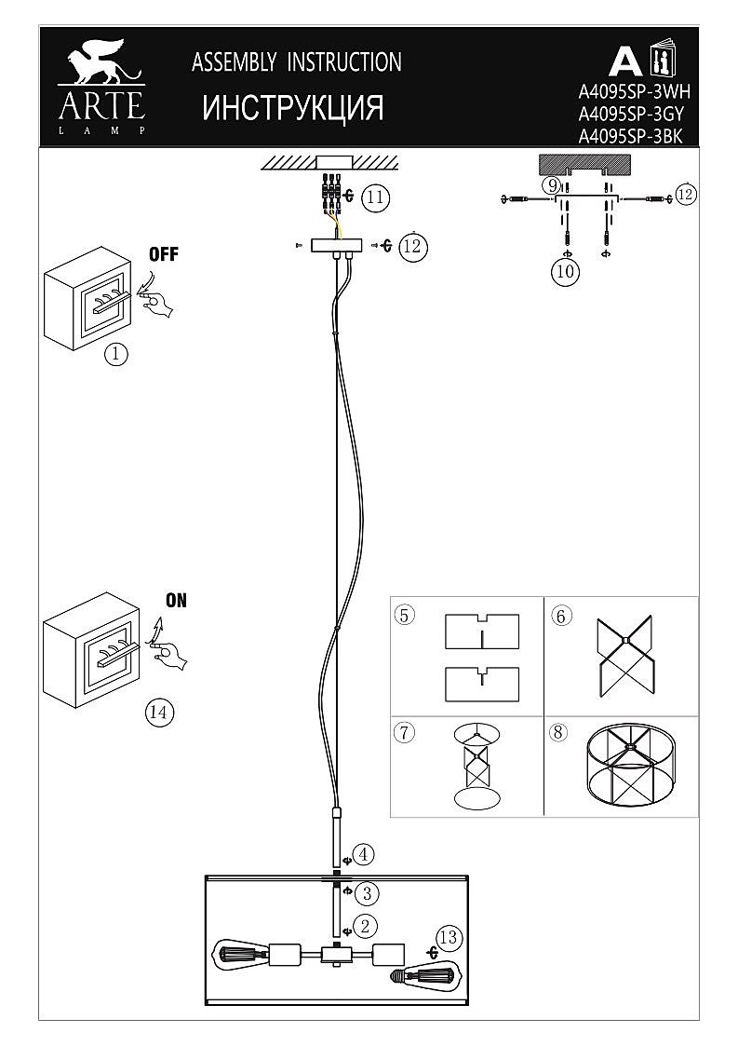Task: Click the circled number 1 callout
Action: (115, 354)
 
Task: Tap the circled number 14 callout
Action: (159, 713)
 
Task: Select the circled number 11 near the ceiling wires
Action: (375, 197)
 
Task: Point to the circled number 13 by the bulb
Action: (450, 937)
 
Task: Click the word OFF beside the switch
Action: (163, 254)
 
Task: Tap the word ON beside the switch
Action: (175, 601)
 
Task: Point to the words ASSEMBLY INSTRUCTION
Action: (297, 62)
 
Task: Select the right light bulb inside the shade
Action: (424, 975)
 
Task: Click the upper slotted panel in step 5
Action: (481, 631)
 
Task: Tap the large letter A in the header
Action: (624, 61)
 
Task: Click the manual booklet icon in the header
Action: (662, 60)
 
